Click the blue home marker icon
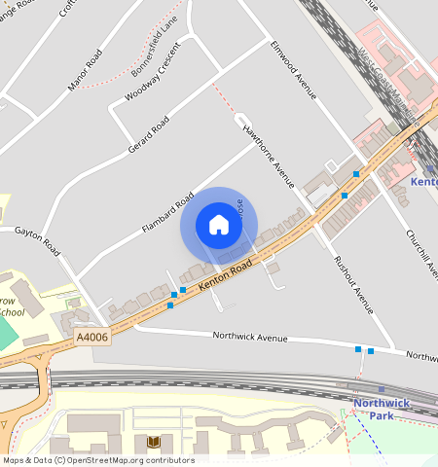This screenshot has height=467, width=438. pyautogui.click(x=219, y=226)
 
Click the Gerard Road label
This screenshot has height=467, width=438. pyautogui.click(x=148, y=135)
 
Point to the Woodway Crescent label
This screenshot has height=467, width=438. pyautogui.click(x=152, y=82)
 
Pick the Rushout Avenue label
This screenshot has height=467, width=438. pyautogui.click(x=353, y=284)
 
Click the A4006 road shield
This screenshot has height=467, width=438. pyautogui.click(x=91, y=337)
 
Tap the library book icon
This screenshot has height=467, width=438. pyautogui.click(x=153, y=442)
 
